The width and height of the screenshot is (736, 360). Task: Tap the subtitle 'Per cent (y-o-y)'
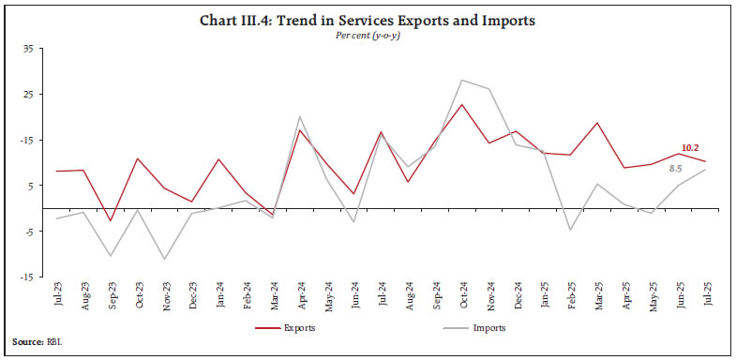[368, 37]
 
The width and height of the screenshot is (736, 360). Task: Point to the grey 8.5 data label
[675, 168]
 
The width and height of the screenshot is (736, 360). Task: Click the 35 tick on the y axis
[27, 49]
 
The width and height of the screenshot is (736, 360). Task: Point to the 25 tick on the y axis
[27, 95]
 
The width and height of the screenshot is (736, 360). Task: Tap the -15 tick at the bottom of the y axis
[27, 277]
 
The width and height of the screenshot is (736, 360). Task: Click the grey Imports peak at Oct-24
[461, 81]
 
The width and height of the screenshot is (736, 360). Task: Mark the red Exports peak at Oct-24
[461, 104]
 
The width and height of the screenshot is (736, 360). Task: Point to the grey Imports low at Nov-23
[165, 259]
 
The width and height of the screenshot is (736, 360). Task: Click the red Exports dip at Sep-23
[112, 221]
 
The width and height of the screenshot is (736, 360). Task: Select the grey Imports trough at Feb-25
[569, 230]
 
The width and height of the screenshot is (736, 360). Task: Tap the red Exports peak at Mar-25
[596, 123]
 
